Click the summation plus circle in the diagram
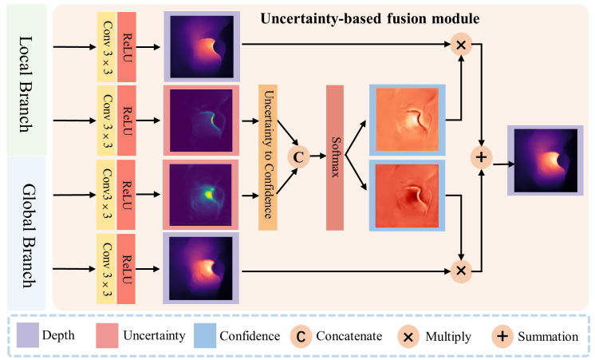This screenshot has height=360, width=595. point(482,156)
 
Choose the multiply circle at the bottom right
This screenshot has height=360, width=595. point(460,271)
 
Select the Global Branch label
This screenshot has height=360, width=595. point(26,232)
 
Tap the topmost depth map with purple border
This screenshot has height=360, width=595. point(203,46)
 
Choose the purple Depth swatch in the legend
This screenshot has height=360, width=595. point(27,336)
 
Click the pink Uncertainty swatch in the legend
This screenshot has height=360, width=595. point(107,336)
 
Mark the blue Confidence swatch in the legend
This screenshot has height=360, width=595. point(205,336)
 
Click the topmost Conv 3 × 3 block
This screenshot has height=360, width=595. point(106,46)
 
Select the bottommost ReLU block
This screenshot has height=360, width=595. point(127,268)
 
